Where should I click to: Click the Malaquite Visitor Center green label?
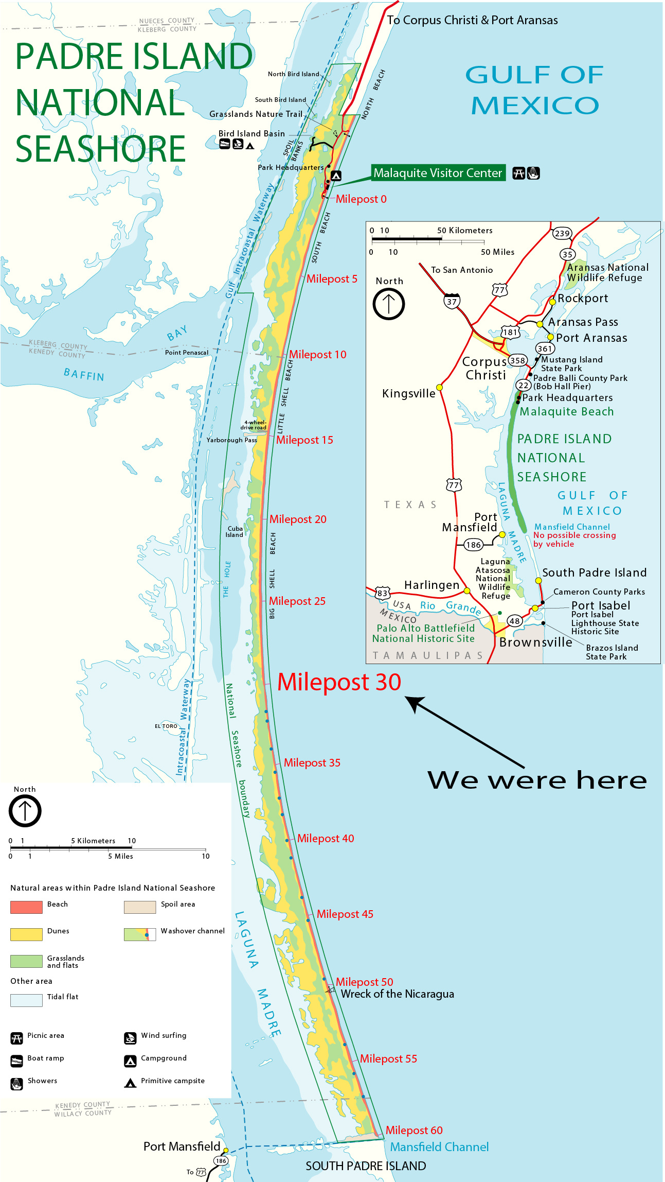click(x=438, y=173)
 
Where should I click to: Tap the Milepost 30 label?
click(x=339, y=682)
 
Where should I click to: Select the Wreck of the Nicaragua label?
click(x=397, y=994)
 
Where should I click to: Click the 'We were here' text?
click(x=537, y=780)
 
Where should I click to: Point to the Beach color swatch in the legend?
click(x=26, y=907)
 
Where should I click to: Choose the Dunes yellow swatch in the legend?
click(x=26, y=934)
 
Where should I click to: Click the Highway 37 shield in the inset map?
click(x=452, y=302)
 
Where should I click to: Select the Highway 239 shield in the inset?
click(x=562, y=233)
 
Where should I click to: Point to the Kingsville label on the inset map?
click(x=409, y=394)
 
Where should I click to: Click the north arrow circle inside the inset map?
click(x=388, y=304)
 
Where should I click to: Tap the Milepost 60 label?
click(x=414, y=1130)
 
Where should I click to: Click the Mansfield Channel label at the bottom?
click(x=439, y=1147)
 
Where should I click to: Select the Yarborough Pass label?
click(x=231, y=440)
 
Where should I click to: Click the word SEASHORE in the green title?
click(x=100, y=149)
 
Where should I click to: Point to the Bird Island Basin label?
click(x=251, y=134)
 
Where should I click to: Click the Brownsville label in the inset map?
click(x=535, y=642)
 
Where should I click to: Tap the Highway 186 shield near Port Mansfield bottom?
click(x=221, y=1161)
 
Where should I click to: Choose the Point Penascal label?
click(x=187, y=353)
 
